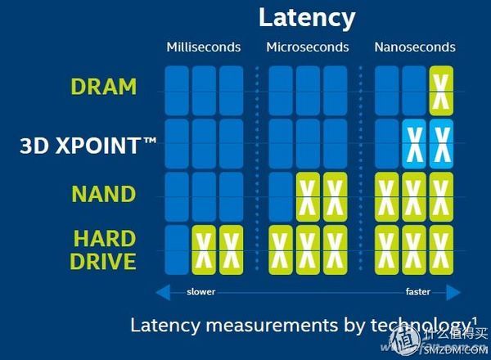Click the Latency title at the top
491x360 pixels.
coord(307,17)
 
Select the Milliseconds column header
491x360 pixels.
coord(204,47)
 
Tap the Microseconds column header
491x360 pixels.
coord(307,47)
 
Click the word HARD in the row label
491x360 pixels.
coord(104,239)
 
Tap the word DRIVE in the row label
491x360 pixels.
coord(103,262)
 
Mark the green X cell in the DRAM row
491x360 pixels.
coord(442,88)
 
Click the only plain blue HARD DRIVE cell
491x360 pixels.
coord(177,250)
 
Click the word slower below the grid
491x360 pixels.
coord(201,291)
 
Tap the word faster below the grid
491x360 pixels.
coord(418,291)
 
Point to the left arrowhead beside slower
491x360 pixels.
coord(160,291)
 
